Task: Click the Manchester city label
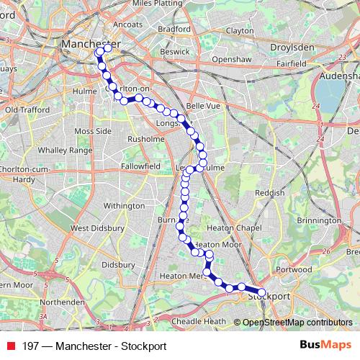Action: (90, 44)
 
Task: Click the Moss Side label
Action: (93, 132)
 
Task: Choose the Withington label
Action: (124, 206)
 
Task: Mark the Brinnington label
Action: (319, 220)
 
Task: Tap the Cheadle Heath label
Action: (199, 322)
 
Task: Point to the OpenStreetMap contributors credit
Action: (297, 323)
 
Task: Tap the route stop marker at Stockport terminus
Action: (261, 293)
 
